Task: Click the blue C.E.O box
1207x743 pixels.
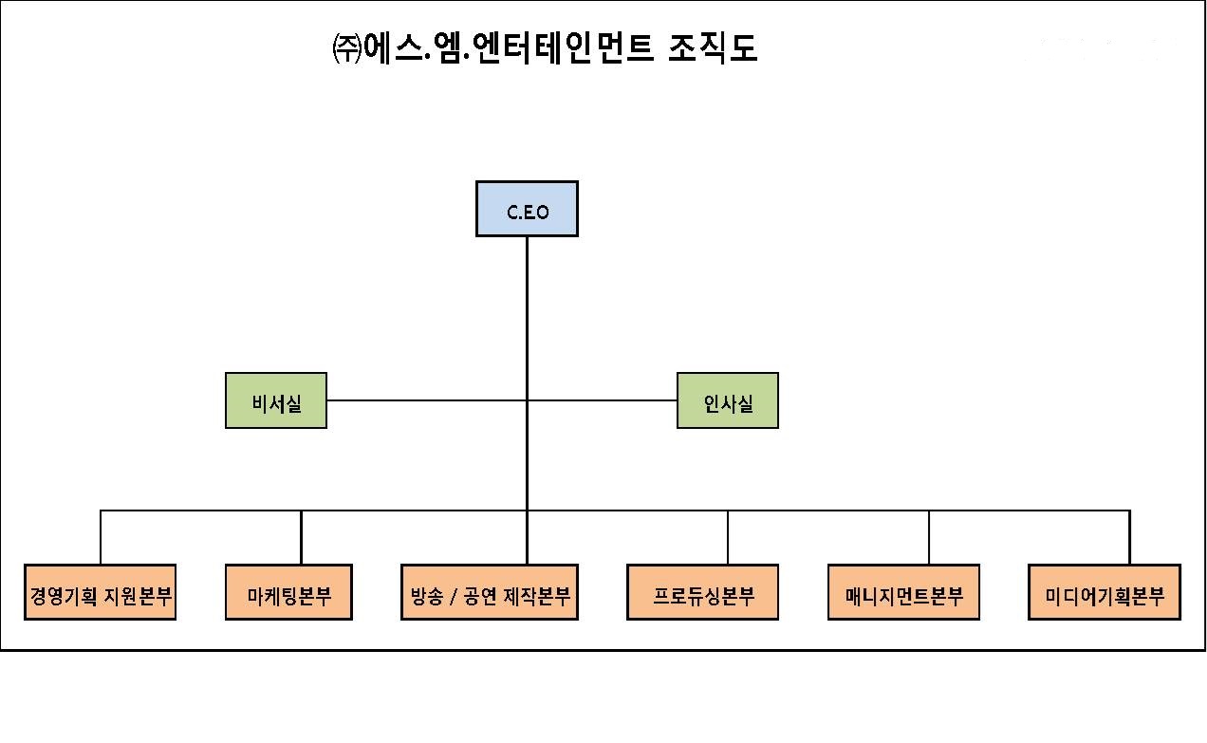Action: (527, 209)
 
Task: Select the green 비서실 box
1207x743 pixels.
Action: (276, 400)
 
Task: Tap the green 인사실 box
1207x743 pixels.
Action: (728, 400)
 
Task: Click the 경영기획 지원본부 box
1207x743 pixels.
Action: (101, 593)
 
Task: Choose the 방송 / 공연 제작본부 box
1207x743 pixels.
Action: (490, 593)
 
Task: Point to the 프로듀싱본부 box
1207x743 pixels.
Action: (703, 593)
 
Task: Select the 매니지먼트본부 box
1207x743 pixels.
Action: (903, 593)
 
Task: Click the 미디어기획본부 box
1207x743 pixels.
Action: (1105, 593)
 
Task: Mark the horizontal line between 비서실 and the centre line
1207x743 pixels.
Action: (426, 400)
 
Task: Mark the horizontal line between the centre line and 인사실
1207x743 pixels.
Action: (603, 400)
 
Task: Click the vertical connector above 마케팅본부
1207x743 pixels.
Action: (301, 538)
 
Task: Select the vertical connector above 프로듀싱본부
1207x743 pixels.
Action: (728, 538)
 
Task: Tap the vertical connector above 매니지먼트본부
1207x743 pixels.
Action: (929, 538)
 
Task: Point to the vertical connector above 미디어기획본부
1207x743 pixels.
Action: (1129, 538)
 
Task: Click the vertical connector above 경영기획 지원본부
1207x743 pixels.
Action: (101, 538)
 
